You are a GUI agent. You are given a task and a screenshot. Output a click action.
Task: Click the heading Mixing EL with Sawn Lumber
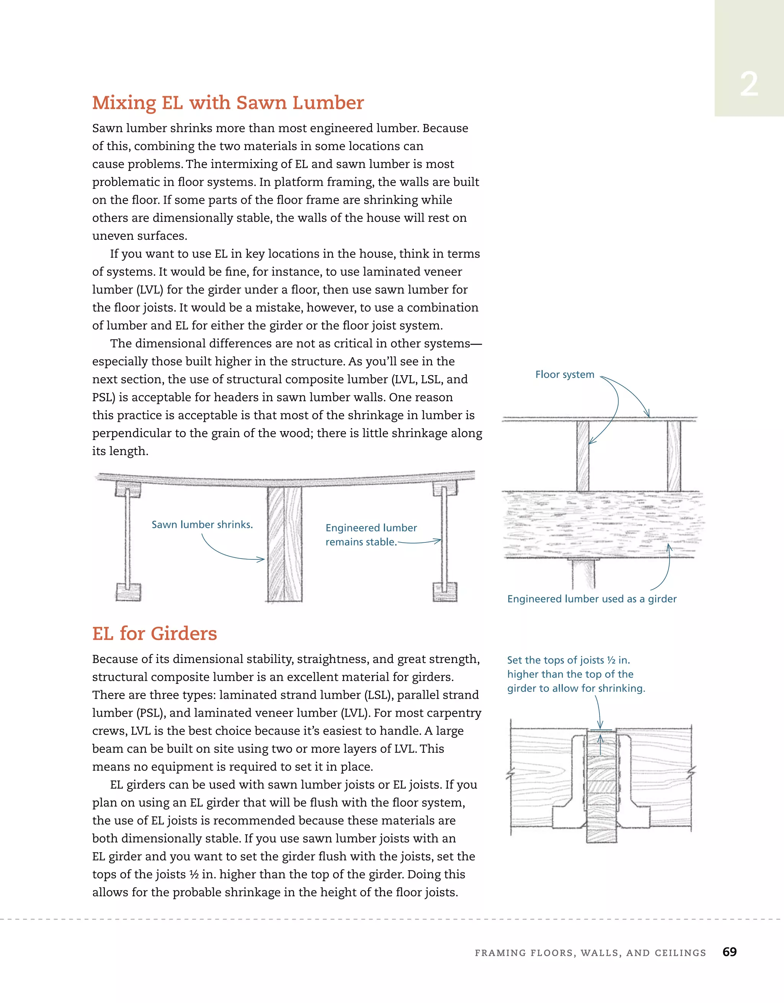click(228, 103)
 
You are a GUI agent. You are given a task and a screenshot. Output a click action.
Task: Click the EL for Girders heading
click(154, 633)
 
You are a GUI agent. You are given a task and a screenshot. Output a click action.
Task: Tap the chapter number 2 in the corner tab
click(749, 85)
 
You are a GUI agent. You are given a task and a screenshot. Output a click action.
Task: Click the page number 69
click(729, 952)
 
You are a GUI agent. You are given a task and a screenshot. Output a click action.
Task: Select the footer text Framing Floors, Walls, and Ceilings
click(590, 953)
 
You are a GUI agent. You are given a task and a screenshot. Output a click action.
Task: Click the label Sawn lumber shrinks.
click(202, 524)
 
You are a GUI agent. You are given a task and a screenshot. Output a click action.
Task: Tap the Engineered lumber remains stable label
click(371, 534)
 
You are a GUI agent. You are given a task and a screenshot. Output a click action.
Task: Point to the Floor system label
click(565, 374)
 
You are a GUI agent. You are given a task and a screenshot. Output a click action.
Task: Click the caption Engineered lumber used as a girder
click(591, 599)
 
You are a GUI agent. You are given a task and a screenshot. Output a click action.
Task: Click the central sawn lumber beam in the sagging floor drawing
click(285, 544)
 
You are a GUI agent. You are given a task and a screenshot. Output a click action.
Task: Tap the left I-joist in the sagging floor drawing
click(128, 542)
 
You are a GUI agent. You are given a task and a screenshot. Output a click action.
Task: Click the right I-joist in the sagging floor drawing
click(444, 542)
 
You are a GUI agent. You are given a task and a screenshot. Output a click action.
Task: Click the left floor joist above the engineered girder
click(583, 456)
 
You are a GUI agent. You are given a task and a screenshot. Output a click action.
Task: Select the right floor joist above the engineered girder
click(674, 456)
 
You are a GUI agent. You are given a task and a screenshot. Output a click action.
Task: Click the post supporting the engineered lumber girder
click(583, 574)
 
